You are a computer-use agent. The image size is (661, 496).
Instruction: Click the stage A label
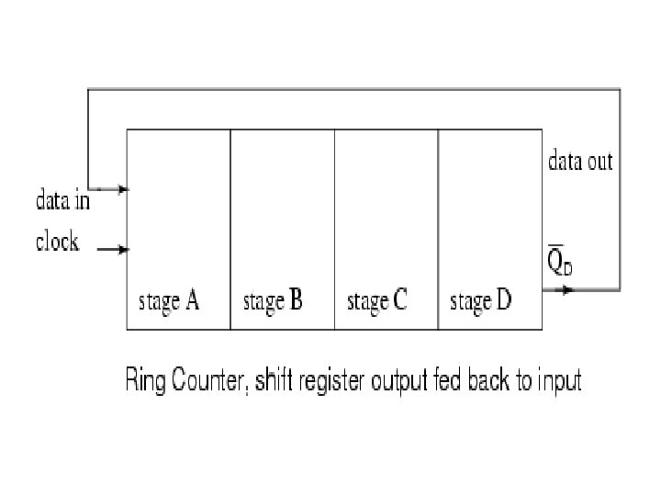169,300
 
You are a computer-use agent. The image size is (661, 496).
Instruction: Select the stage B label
273,300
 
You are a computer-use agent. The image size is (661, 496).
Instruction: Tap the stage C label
377,300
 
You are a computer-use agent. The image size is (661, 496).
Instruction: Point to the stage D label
481,300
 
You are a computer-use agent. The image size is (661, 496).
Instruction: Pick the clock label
58,242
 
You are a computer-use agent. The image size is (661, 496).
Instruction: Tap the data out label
580,163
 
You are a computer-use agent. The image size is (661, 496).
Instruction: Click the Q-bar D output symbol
558,263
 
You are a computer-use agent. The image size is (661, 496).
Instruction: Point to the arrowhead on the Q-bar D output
568,289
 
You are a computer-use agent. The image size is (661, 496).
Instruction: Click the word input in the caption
560,381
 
